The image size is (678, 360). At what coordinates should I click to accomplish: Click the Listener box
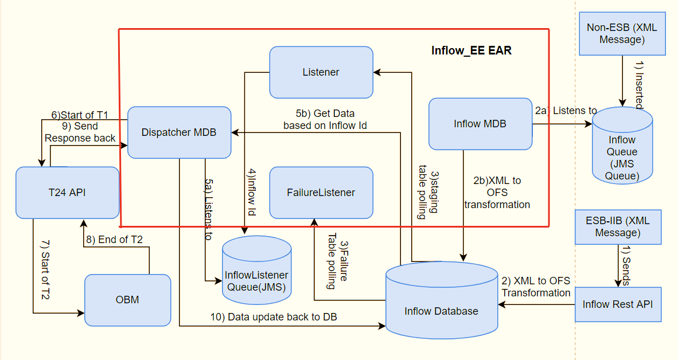click(321, 72)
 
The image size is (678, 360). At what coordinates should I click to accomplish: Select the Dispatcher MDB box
click(179, 132)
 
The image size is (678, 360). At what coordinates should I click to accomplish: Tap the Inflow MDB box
click(480, 124)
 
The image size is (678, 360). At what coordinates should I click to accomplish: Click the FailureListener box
click(321, 193)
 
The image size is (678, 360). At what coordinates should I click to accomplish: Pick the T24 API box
click(67, 193)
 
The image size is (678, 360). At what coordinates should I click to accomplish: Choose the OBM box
click(127, 300)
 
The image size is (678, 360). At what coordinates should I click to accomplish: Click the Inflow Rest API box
click(617, 304)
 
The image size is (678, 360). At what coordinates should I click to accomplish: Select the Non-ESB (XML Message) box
click(622, 34)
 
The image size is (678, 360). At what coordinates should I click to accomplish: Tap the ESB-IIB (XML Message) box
click(618, 227)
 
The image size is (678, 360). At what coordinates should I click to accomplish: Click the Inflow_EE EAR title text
click(471, 50)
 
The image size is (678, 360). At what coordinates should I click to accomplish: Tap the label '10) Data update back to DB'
click(274, 317)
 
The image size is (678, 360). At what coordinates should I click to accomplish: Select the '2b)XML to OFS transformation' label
click(497, 193)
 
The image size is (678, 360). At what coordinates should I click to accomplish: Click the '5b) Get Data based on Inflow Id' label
click(325, 119)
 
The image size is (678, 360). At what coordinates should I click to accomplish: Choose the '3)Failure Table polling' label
click(337, 265)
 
